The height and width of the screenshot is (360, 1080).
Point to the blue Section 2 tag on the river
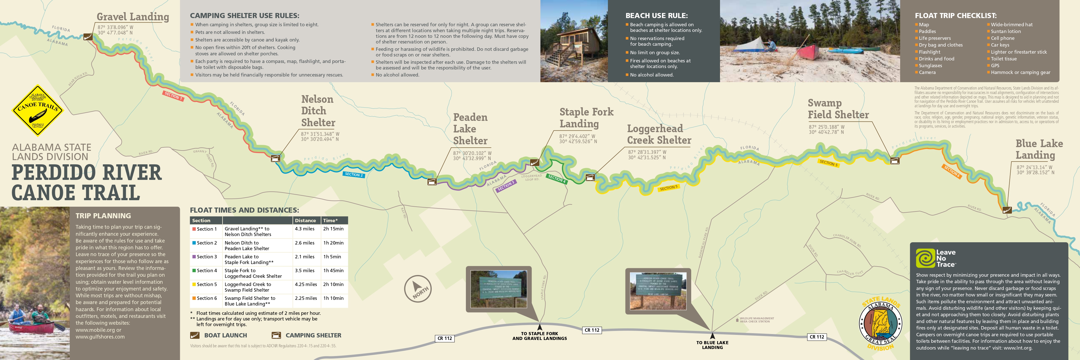354,174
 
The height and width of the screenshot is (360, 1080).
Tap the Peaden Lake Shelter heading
470,129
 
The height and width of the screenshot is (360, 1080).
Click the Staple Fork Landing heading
586,118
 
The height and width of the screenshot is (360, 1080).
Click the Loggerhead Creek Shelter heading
659,134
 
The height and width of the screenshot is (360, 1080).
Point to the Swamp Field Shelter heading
838,109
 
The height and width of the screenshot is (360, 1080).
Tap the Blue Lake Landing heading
1039,149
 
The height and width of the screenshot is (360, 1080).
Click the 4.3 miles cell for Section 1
304,229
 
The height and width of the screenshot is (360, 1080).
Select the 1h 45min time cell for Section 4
333,271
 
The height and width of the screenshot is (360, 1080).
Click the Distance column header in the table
305,221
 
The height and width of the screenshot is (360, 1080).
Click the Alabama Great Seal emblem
880,324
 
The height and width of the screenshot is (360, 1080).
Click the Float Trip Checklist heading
955,16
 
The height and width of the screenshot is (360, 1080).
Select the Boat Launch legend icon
195,335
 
